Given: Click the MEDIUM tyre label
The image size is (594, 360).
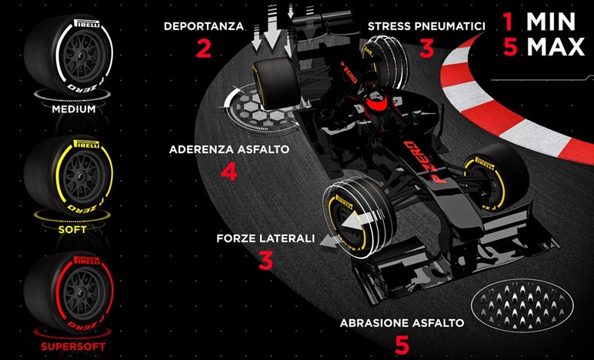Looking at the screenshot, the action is (x=74, y=109).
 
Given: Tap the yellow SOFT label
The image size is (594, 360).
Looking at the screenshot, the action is (x=72, y=229).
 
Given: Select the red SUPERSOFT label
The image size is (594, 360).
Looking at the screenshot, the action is (x=73, y=346).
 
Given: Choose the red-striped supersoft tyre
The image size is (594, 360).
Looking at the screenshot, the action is (x=69, y=292).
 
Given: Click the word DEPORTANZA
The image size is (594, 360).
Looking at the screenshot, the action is (x=204, y=26).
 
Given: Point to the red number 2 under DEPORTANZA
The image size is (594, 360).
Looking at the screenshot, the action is (x=203, y=48).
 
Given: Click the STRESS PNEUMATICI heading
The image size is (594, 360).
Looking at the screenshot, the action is (x=426, y=26).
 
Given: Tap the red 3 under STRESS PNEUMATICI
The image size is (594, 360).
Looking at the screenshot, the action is (x=426, y=48).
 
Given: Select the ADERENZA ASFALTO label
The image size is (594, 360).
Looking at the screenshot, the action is (x=229, y=149).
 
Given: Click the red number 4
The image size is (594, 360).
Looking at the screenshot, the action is (x=229, y=171).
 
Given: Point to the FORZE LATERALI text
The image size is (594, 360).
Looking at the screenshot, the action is (x=265, y=238).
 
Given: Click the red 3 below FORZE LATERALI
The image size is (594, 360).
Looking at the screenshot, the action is (x=265, y=261).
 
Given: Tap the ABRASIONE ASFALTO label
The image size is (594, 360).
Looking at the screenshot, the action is (x=402, y=323).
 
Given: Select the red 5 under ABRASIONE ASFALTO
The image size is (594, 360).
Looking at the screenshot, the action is (x=402, y=345).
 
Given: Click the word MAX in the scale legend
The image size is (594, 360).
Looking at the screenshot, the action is (x=556, y=47).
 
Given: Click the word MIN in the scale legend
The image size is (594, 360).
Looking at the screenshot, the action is (x=551, y=22).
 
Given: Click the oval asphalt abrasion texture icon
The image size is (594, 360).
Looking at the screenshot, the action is (x=522, y=305).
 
